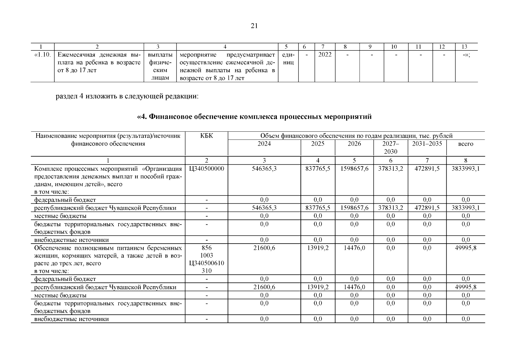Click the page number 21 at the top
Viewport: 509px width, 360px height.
tap(254, 26)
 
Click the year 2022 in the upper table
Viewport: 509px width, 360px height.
tap(325, 55)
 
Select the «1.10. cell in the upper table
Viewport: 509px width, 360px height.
tap(43, 55)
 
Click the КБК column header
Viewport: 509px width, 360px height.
tap(206, 136)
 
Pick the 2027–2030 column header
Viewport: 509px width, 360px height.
tap(391, 147)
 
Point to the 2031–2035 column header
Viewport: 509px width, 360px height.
tap(427, 144)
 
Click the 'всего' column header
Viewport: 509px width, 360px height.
tap(466, 144)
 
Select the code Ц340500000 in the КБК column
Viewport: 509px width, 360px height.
tap(206, 169)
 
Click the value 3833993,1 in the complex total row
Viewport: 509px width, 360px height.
tap(466, 169)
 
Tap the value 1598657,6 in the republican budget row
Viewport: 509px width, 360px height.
tap(354, 208)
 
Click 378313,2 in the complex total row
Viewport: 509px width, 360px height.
tap(391, 169)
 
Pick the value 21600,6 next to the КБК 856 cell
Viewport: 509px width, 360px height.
tap(264, 248)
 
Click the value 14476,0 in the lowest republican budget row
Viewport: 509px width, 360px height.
tap(354, 287)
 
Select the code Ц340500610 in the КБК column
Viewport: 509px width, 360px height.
tap(206, 263)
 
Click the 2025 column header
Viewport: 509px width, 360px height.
tap(318, 144)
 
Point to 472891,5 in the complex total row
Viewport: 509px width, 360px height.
tap(427, 169)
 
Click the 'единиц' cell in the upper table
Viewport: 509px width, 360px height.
tap(288, 59)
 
